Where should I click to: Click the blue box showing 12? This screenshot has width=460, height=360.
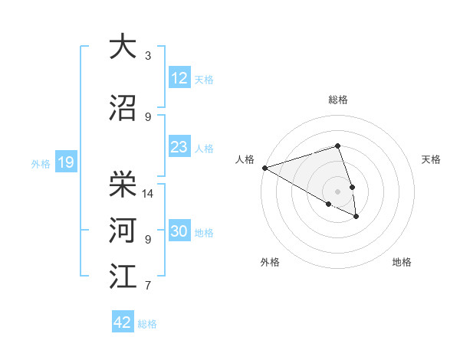[x=179, y=77]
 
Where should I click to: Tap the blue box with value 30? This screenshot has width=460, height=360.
[x=179, y=231]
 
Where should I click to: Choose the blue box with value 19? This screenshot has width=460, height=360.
[x=65, y=162]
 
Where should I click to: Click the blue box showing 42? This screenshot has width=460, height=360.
[x=123, y=322]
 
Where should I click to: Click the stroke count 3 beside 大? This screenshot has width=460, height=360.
[x=148, y=55]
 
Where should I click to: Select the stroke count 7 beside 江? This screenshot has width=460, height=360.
[x=148, y=286]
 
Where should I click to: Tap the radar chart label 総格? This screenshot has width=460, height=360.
[x=337, y=99]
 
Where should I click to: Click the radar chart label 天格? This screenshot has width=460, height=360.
[x=431, y=159]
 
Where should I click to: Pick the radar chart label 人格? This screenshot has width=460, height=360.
[x=245, y=159]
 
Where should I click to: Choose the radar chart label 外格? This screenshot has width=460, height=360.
[x=270, y=262]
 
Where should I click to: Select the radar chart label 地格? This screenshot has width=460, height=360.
[x=402, y=262]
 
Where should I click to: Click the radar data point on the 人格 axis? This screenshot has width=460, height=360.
[x=264, y=167]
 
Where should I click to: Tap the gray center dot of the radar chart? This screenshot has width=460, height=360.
[x=337, y=190]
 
